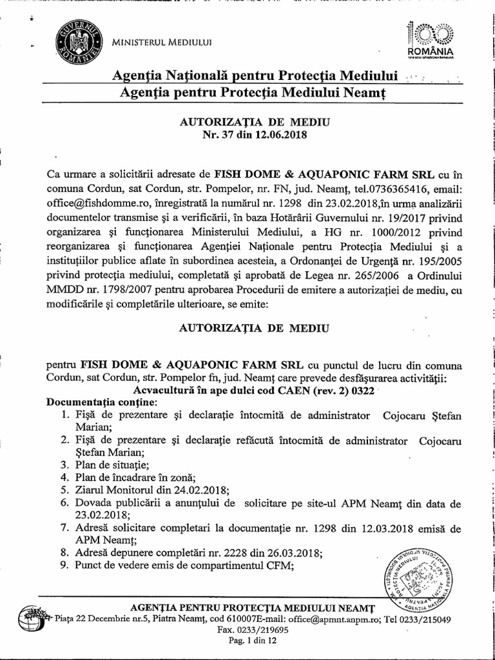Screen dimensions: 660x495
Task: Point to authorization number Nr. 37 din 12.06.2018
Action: pyautogui.click(x=248, y=135)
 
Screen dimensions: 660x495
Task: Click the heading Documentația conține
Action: pyautogui.click(x=97, y=402)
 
